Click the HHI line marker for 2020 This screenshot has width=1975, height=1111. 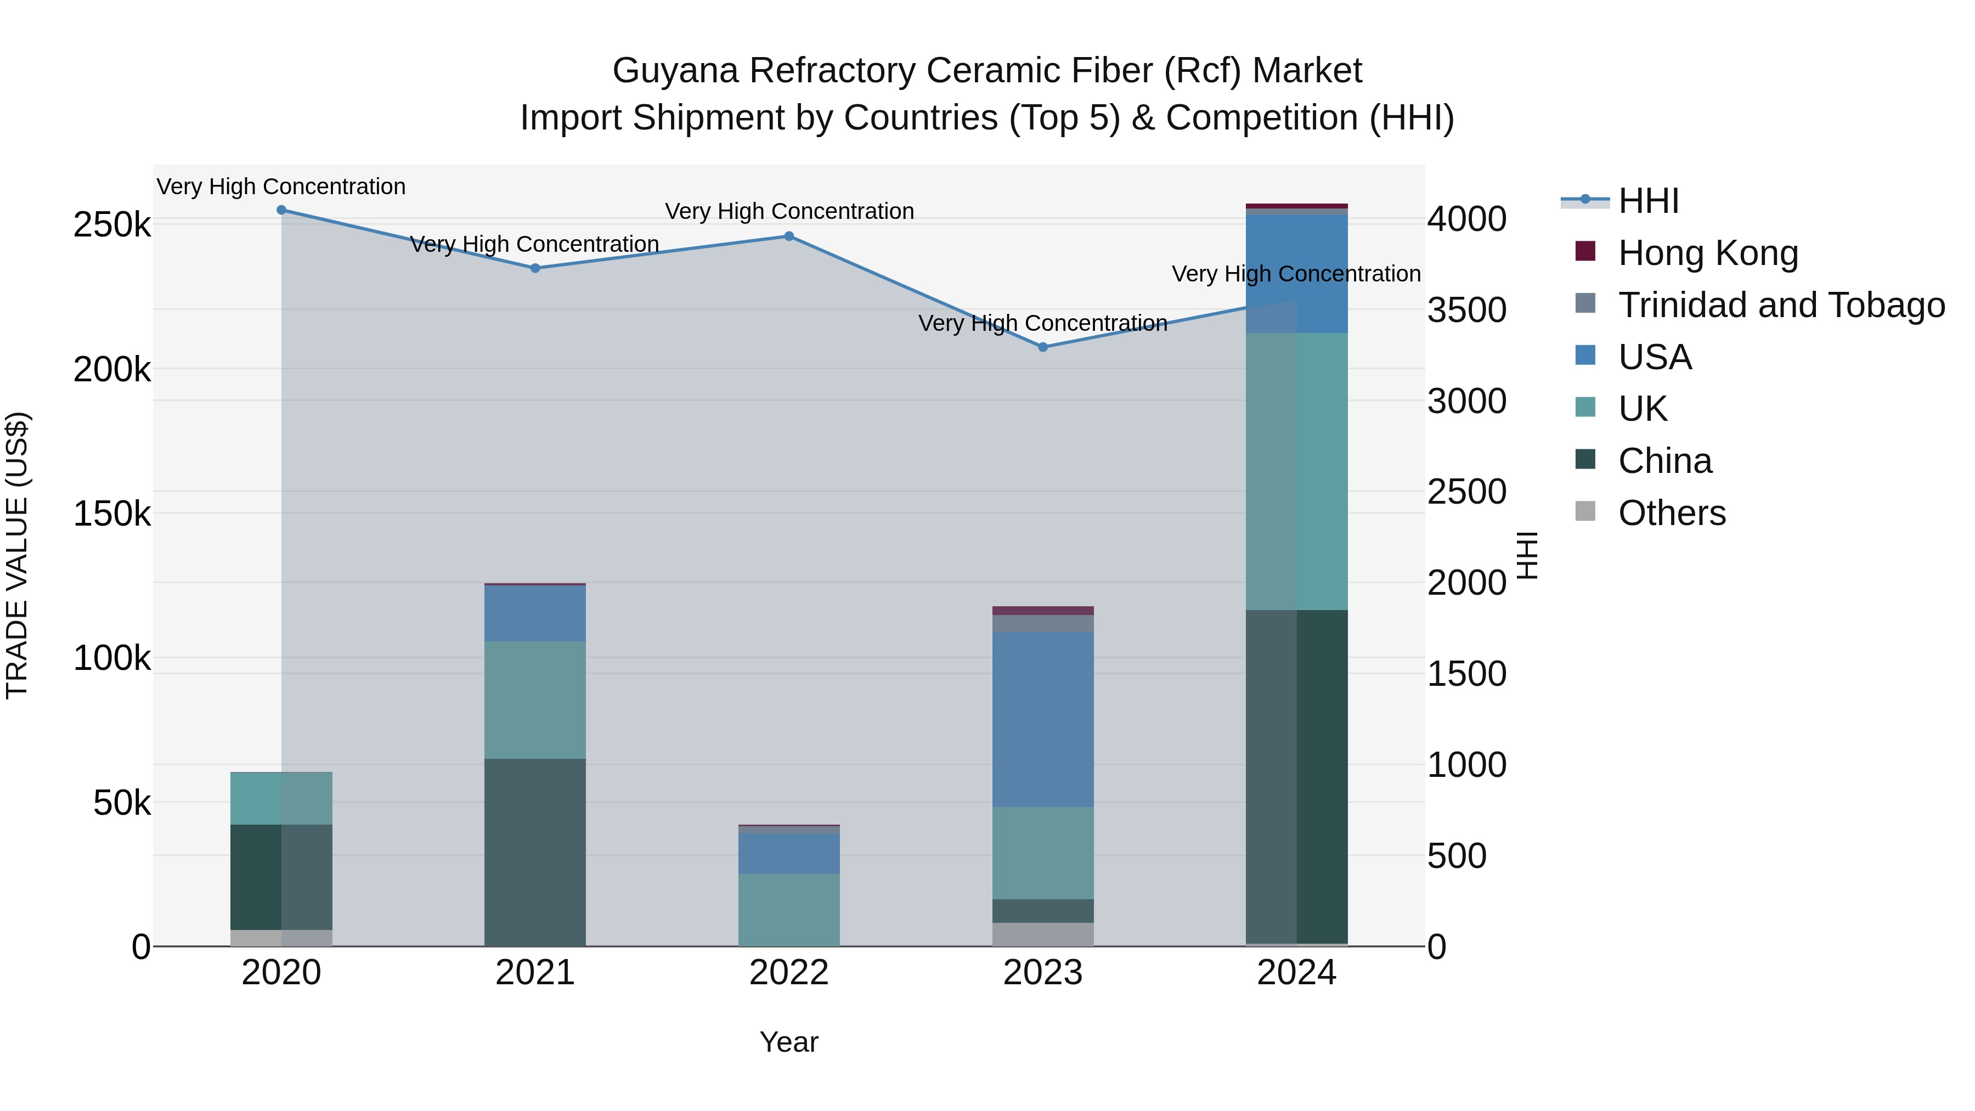281,210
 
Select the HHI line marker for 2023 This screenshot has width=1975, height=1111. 1043,347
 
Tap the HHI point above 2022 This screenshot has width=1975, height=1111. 789,236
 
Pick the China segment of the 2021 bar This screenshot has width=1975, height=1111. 535,852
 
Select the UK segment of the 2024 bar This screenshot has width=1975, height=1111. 1296,471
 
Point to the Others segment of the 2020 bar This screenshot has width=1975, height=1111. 281,938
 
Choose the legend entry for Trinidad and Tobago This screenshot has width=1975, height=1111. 1781,305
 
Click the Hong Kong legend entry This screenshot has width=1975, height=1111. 1707,253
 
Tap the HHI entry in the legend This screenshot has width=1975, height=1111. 1649,201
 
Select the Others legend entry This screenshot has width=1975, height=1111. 1672,513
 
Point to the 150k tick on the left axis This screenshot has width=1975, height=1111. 112,514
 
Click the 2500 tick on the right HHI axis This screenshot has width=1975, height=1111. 1466,492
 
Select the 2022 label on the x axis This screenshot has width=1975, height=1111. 789,973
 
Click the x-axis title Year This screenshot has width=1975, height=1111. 789,1042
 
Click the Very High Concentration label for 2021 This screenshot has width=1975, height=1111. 535,244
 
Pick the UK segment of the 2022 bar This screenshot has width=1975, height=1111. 789,909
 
